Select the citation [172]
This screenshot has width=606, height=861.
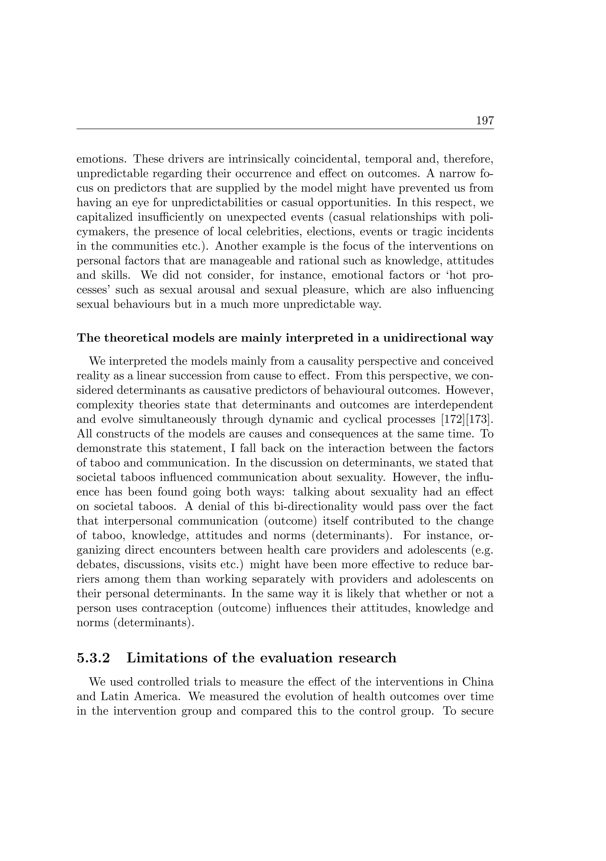[x=453, y=419]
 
